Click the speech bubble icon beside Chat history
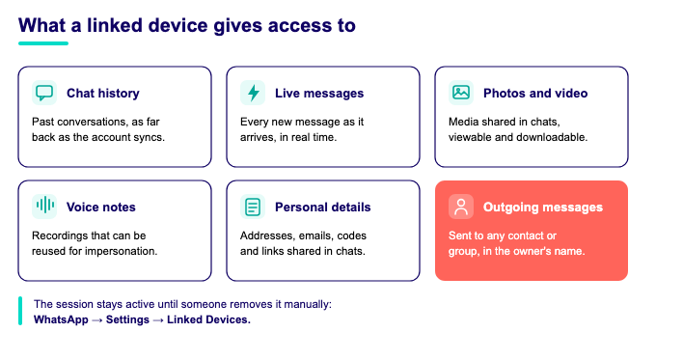click(x=44, y=93)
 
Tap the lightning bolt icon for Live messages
click(x=253, y=93)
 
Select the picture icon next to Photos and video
click(x=461, y=93)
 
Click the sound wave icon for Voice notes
click(x=44, y=207)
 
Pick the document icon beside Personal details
click(x=253, y=207)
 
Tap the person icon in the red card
click(x=461, y=207)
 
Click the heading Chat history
click(x=103, y=94)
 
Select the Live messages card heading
click(x=319, y=94)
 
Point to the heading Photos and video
click(x=535, y=94)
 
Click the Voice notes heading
click(x=101, y=207)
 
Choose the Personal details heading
click(x=323, y=207)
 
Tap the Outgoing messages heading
click(x=543, y=207)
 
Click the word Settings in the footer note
click(x=127, y=319)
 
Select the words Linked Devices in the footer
click(x=208, y=319)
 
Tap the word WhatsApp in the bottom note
click(x=61, y=319)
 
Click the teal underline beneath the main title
click(x=43, y=43)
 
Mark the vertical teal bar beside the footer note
click(x=20, y=311)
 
